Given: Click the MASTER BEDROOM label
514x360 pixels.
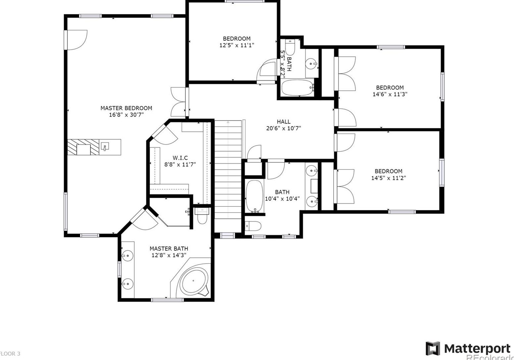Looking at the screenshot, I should click(126, 108).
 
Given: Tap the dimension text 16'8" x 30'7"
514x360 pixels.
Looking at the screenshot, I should click(126, 115).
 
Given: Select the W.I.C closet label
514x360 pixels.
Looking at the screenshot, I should click(180, 158).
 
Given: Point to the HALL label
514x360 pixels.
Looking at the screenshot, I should click(284, 122).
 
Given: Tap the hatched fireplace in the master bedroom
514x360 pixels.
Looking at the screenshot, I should click(84, 147).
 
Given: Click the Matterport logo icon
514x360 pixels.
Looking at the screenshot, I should click(433, 348).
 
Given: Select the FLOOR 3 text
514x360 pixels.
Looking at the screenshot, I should click(10, 354).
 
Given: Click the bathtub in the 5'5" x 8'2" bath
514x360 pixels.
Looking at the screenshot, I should click(297, 88).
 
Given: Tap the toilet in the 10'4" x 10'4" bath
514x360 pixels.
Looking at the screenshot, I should click(253, 226).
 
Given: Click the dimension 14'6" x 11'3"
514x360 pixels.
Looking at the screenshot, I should click(390, 94).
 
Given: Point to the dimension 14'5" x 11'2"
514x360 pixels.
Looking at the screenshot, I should click(388, 178).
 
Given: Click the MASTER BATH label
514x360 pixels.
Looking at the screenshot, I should click(168, 249).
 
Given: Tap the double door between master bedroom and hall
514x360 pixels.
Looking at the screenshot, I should click(179, 102).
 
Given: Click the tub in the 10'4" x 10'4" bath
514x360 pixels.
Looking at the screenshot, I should click(255, 196).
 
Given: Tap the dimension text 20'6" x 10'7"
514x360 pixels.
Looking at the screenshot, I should click(284, 128).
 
